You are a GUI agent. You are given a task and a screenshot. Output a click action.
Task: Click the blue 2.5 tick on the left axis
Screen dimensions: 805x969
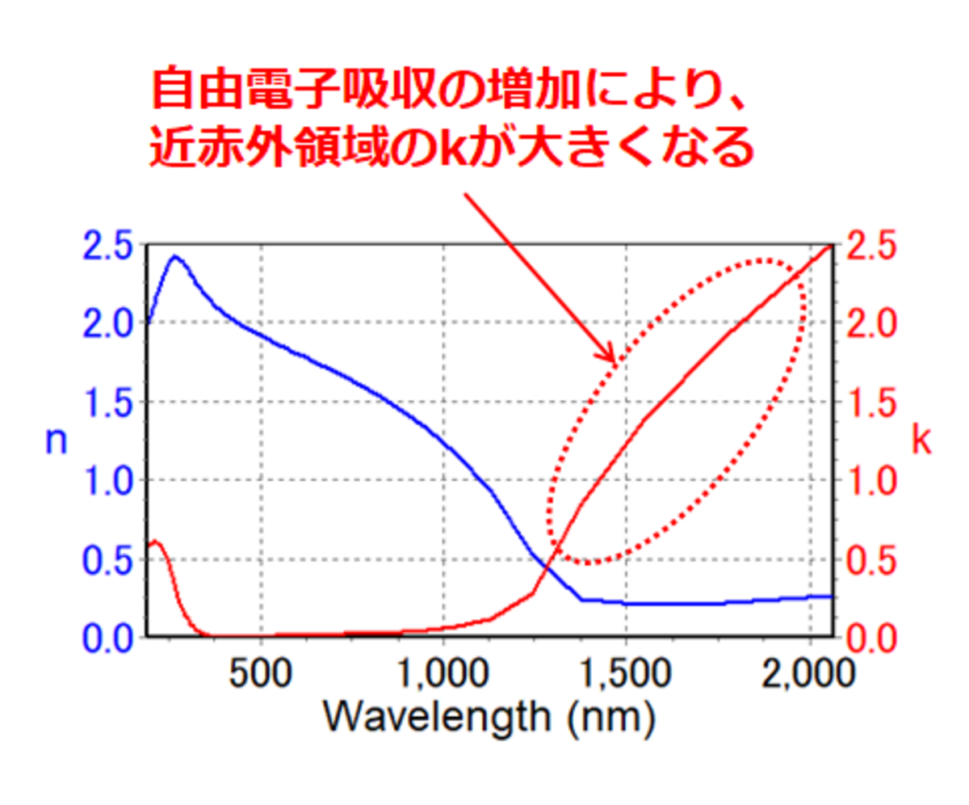pyautogui.click(x=110, y=246)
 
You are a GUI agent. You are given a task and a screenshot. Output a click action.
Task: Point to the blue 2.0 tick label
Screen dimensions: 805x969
pyautogui.click(x=110, y=323)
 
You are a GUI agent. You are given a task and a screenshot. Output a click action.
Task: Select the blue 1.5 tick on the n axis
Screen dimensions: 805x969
pyautogui.click(x=110, y=402)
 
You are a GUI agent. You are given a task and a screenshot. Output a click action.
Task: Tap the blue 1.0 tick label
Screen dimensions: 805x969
pyautogui.click(x=110, y=481)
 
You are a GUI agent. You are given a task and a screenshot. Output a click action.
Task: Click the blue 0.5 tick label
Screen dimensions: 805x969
pyautogui.click(x=110, y=560)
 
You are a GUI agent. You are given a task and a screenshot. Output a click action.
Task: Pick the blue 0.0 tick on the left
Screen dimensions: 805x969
pyautogui.click(x=110, y=639)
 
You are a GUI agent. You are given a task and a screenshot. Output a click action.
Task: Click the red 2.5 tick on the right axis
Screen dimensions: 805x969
pyautogui.click(x=870, y=246)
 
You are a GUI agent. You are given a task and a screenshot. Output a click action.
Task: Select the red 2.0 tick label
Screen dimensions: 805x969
pyautogui.click(x=870, y=323)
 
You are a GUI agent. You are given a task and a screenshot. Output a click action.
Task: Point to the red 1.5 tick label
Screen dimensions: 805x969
pyautogui.click(x=870, y=402)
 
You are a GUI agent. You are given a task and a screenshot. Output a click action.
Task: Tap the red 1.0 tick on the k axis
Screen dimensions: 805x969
pyautogui.click(x=870, y=481)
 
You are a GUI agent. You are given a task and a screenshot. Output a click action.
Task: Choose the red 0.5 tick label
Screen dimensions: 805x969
pyautogui.click(x=870, y=560)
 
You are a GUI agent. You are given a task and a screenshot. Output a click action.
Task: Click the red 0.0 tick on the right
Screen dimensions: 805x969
pyautogui.click(x=870, y=639)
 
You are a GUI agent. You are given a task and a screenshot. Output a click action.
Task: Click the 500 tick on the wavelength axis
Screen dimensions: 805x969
pyautogui.click(x=261, y=676)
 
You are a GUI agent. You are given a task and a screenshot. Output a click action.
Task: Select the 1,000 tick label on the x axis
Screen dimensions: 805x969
pyautogui.click(x=444, y=676)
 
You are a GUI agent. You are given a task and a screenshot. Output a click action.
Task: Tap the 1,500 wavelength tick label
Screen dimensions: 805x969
pyautogui.click(x=627, y=676)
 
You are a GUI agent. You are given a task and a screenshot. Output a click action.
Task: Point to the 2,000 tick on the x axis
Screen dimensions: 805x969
pyautogui.click(x=810, y=676)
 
